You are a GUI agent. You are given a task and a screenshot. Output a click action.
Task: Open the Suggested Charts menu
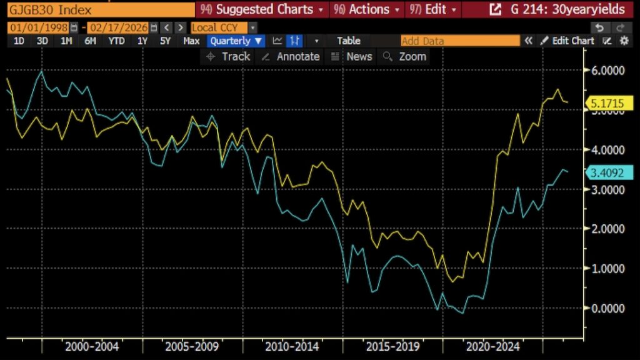262,10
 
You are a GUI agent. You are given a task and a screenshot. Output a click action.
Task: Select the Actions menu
369,10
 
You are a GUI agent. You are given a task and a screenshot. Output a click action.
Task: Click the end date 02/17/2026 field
118,27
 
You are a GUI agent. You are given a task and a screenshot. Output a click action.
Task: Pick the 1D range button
19,41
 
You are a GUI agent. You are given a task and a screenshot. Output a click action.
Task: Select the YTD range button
116,41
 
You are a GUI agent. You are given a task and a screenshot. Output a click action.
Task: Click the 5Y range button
165,41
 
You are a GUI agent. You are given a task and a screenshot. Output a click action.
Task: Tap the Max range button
191,41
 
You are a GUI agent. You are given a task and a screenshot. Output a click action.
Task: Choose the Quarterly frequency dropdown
236,41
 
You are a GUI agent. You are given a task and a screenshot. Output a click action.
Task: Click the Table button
349,41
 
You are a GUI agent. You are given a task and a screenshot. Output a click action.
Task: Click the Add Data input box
459,41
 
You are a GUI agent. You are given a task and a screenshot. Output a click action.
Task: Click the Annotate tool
291,56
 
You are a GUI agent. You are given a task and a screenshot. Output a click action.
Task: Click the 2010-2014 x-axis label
292,346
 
